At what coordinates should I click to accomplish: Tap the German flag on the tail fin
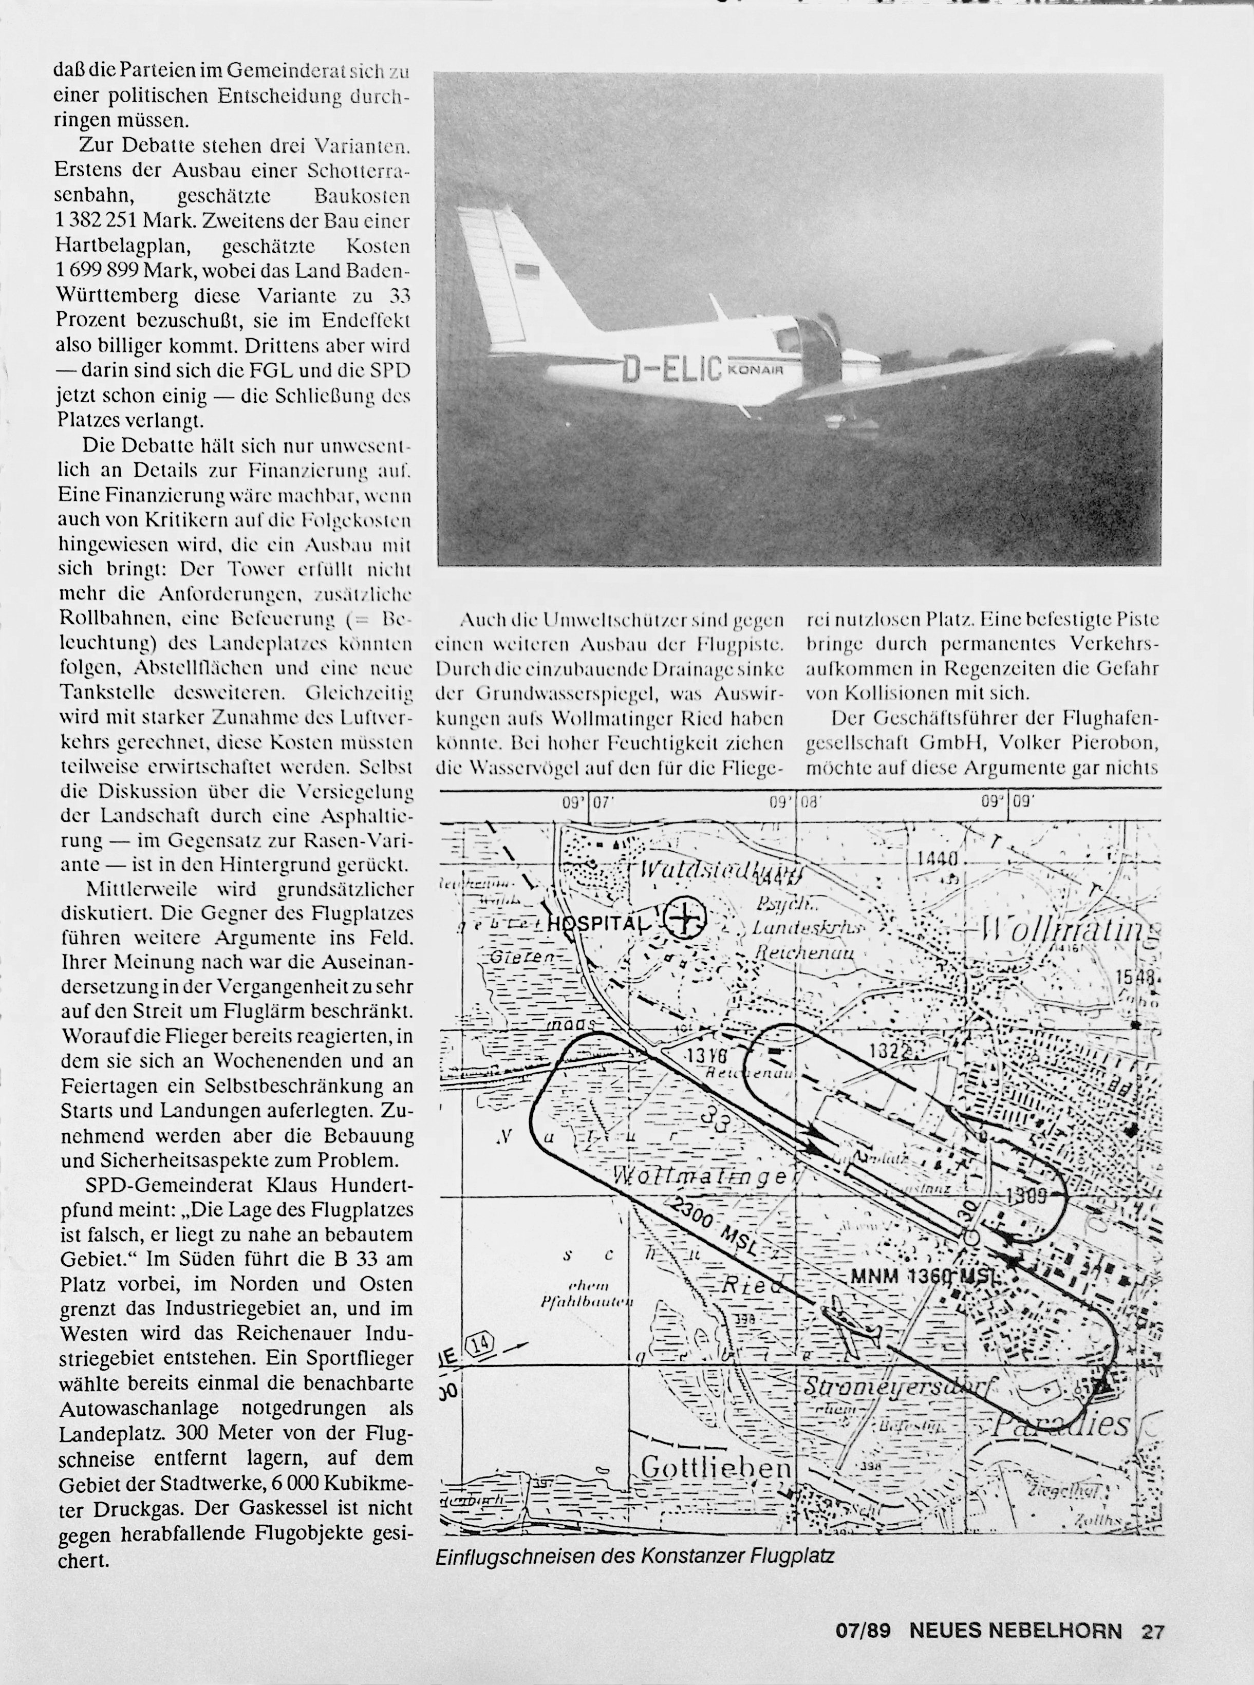click(526, 271)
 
